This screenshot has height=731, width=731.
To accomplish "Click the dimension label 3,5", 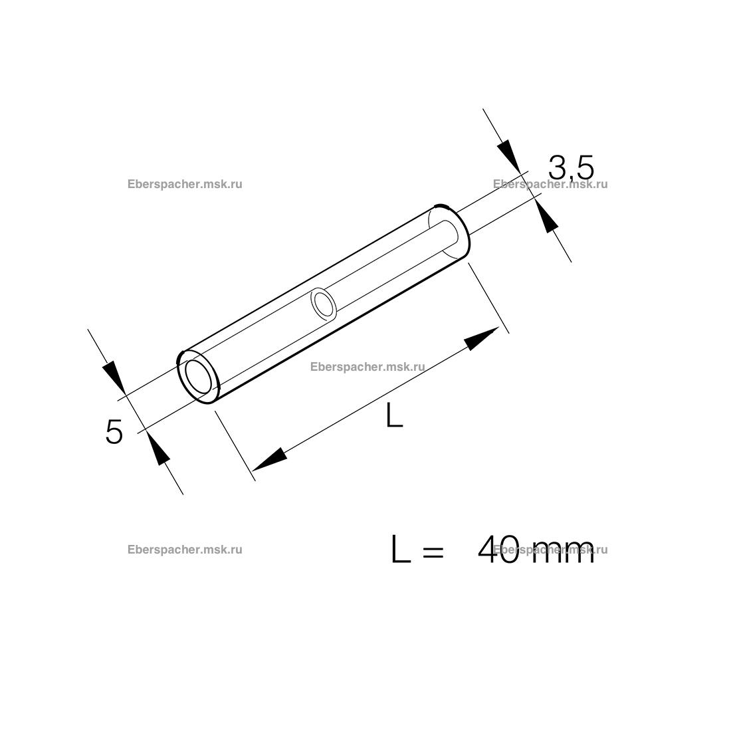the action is (571, 167).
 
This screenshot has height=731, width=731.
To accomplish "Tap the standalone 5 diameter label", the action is (114, 431).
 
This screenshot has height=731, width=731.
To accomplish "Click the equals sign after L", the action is (433, 552).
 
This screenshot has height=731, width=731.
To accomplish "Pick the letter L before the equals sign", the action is (401, 550).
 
